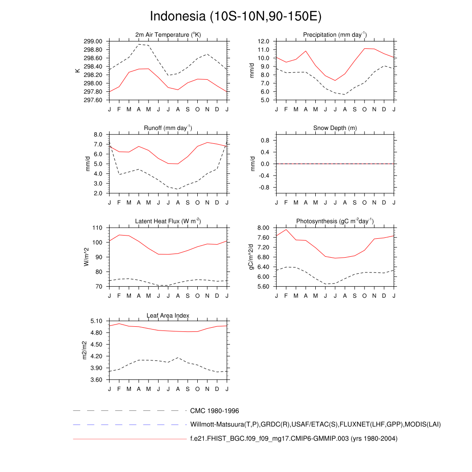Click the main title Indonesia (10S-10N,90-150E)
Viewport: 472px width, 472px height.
coord(236,17)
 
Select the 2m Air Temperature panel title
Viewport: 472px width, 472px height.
coord(168,35)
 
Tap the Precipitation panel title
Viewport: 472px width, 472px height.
coord(335,35)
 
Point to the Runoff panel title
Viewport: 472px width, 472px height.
coord(168,128)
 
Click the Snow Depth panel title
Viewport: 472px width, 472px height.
coord(335,128)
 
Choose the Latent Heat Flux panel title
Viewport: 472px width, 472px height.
coord(168,221)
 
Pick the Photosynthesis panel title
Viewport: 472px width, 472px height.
coord(335,221)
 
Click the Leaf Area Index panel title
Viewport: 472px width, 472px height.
coord(168,315)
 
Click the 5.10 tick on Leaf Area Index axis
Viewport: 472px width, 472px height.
coord(97,321)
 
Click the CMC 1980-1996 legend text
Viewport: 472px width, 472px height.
coord(214,411)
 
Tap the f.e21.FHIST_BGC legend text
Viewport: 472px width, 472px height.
coord(294,439)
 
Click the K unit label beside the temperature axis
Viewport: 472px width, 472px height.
coord(77,71)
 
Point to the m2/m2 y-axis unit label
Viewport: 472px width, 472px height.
coord(84,350)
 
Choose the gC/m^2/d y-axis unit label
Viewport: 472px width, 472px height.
coord(252,257)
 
